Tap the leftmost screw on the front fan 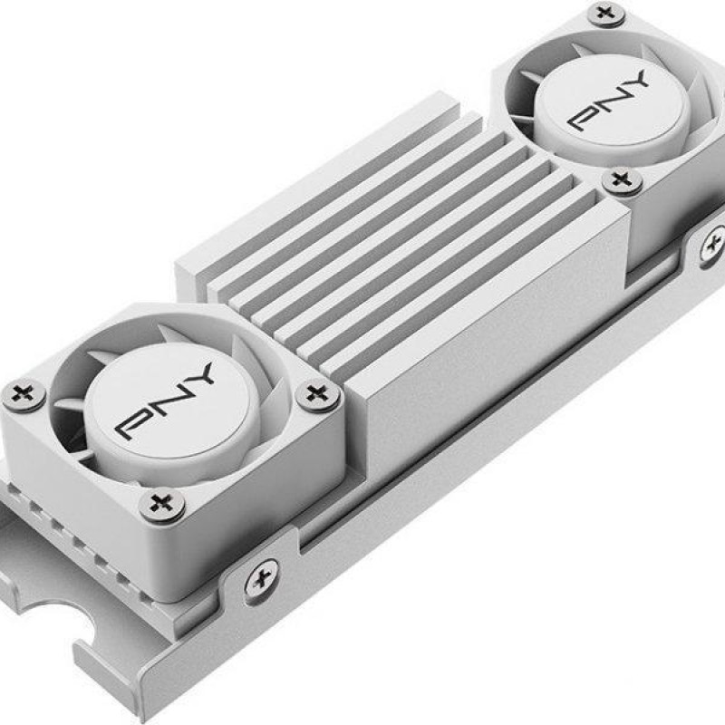[x=24, y=395]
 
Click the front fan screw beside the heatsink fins [x=318, y=395]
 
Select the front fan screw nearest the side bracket [x=162, y=505]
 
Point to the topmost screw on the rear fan [x=606, y=13]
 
